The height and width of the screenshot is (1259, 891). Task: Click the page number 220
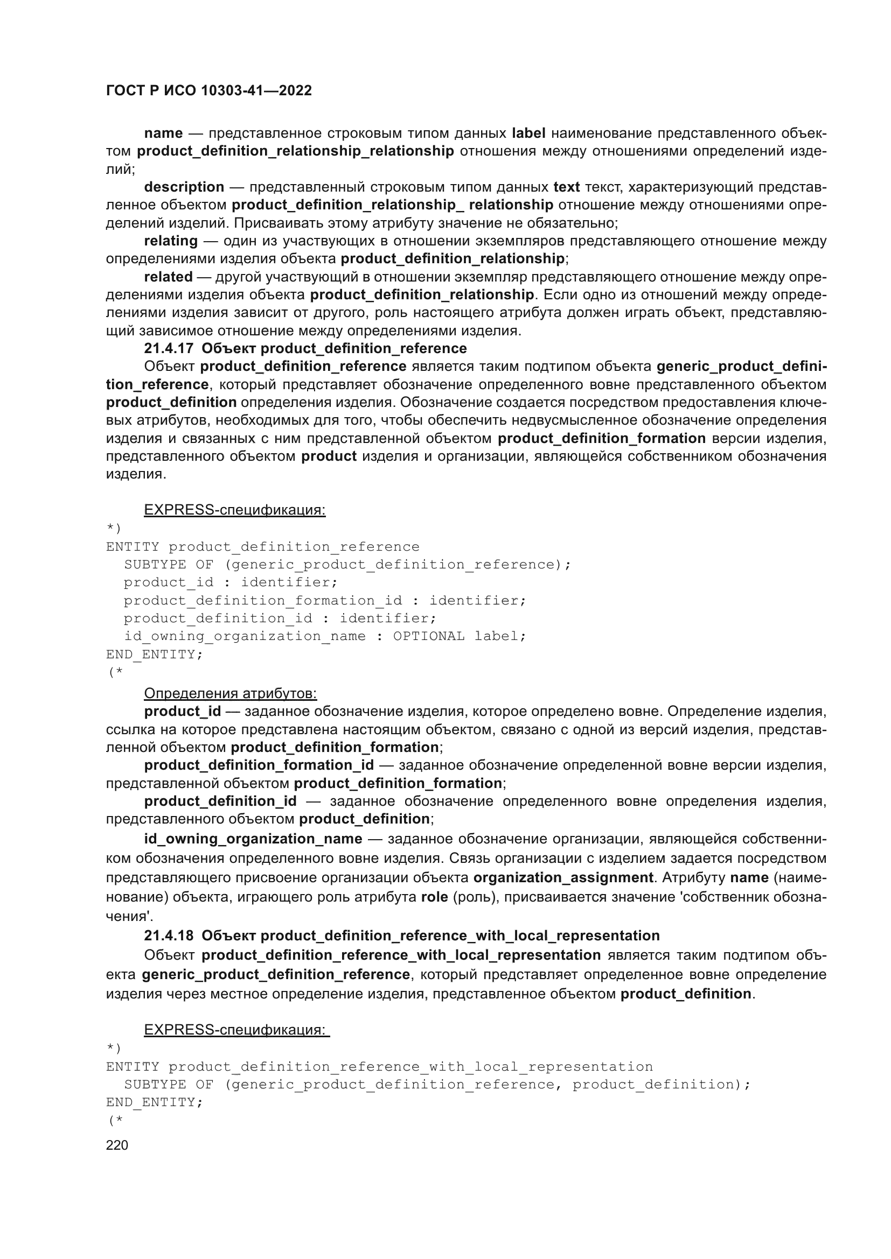(117, 1145)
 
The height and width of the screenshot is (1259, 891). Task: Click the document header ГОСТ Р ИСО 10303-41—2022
(208, 90)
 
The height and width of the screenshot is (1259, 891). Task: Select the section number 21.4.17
(169, 348)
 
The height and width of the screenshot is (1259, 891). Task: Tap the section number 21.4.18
(169, 936)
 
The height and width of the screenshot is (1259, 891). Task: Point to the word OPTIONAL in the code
(428, 636)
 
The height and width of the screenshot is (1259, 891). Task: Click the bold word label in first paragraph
(528, 133)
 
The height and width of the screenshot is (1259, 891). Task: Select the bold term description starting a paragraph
(184, 187)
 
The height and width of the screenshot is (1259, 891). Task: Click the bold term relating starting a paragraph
(171, 241)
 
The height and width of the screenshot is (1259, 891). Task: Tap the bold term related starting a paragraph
(168, 277)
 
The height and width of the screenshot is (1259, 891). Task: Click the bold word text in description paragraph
(566, 187)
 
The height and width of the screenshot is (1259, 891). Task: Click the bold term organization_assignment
(563, 877)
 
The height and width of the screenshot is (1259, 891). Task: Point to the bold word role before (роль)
(435, 897)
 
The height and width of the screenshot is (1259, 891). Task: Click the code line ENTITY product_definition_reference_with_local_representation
(379, 1067)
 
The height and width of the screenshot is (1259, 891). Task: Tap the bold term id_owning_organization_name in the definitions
(253, 839)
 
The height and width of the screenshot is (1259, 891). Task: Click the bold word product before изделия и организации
(329, 456)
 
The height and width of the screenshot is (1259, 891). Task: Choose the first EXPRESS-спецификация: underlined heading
(234, 510)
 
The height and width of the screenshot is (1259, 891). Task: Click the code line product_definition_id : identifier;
(280, 618)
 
